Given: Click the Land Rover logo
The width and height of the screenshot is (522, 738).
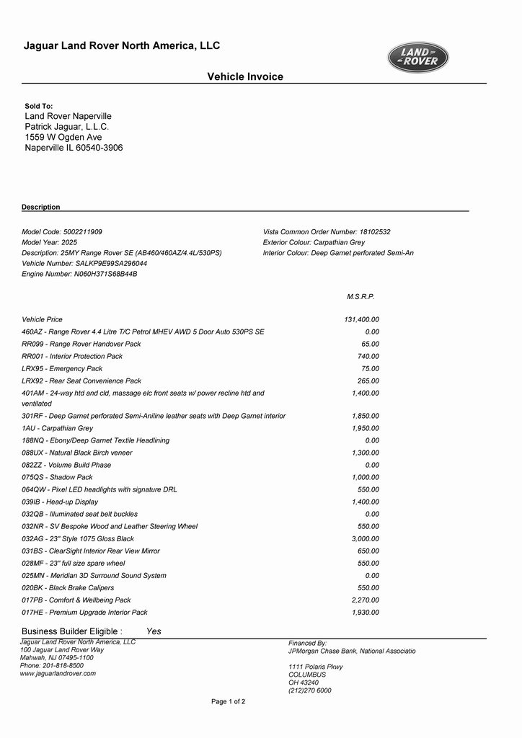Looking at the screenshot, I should (x=418, y=58).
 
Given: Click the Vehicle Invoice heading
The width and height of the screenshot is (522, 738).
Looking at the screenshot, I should (x=245, y=76).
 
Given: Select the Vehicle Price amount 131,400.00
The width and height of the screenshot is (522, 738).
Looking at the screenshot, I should (x=361, y=319).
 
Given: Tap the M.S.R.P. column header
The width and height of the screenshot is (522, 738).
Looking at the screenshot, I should (x=360, y=296).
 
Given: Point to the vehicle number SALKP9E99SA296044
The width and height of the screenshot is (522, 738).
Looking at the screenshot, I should (x=111, y=264).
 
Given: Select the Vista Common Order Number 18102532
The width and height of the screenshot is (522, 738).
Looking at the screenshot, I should (x=374, y=232).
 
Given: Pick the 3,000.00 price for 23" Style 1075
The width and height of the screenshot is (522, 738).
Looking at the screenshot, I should (x=365, y=538).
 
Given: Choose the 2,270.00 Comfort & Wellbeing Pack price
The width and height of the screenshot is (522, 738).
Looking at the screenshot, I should (x=365, y=600).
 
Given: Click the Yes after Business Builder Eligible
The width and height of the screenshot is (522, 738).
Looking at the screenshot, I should (x=154, y=631).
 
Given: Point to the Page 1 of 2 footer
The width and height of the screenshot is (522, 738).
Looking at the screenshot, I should (x=228, y=701).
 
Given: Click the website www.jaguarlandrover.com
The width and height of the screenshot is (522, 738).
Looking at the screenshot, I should (x=58, y=673).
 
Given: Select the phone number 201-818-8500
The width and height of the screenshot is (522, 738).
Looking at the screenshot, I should (x=63, y=665).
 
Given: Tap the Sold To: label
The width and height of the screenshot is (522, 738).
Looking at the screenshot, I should (x=39, y=106).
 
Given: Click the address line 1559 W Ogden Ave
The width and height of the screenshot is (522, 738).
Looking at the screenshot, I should (x=63, y=137).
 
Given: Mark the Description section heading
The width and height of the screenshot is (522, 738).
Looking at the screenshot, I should (x=41, y=207).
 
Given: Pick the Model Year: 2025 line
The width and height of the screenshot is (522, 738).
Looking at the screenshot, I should (x=49, y=243).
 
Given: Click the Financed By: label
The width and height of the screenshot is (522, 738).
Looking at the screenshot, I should (x=308, y=643).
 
